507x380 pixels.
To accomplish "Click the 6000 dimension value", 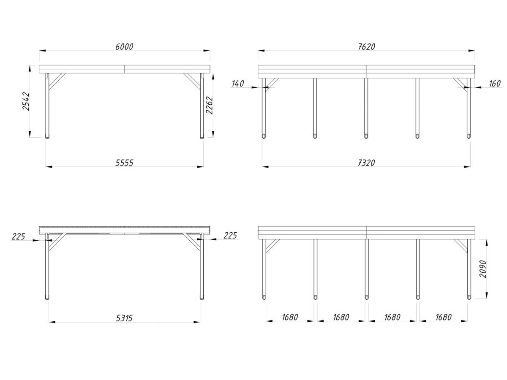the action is click(x=124, y=46).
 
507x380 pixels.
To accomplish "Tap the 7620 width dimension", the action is click(x=366, y=46).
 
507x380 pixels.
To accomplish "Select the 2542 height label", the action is click(x=26, y=101).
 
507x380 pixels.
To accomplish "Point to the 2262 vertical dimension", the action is click(x=209, y=105).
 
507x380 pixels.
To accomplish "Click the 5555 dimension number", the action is click(x=124, y=163).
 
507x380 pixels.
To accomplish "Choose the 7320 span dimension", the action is click(x=366, y=163).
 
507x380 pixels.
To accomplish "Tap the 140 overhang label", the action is click(x=238, y=84).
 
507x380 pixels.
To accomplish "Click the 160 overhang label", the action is click(x=494, y=84).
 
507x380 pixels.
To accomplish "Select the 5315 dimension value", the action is click(x=124, y=318).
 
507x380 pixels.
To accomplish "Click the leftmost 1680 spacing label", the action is click(x=290, y=317).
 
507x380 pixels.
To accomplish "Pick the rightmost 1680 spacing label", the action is click(x=444, y=317).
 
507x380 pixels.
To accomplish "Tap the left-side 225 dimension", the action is click(x=18, y=236).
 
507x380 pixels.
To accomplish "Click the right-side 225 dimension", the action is click(x=230, y=236).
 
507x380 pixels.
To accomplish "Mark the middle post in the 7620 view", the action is click(x=366, y=108).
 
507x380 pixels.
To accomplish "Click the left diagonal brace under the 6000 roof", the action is click(x=57, y=81).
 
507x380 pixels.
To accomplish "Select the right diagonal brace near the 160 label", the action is click(x=461, y=85).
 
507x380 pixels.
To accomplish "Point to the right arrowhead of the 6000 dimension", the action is click(x=207, y=51).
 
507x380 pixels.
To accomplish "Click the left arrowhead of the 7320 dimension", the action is click(x=265, y=167).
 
